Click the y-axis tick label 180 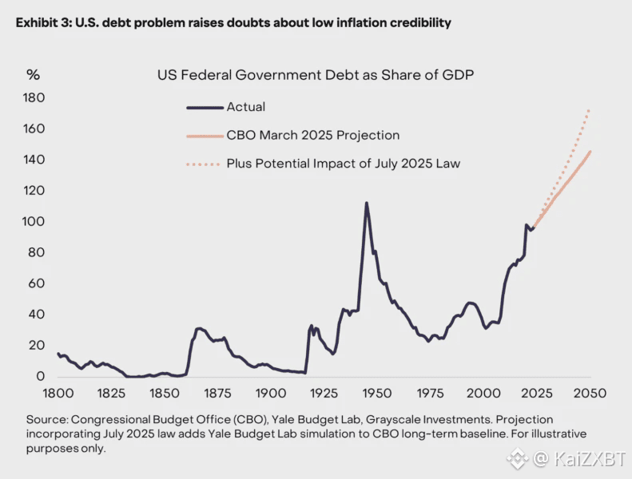pyautogui.click(x=35, y=98)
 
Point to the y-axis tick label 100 pyautogui.click(x=35, y=222)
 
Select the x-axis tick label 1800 pyautogui.click(x=58, y=394)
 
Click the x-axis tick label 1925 pyautogui.click(x=324, y=394)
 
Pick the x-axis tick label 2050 pyautogui.click(x=590, y=394)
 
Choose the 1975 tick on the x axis pyautogui.click(x=431, y=394)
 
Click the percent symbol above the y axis pyautogui.click(x=33, y=75)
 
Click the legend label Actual pyautogui.click(x=245, y=107)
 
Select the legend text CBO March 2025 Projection pyautogui.click(x=312, y=136)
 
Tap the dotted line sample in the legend pyautogui.click(x=203, y=164)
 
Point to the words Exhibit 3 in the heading pyautogui.click(x=41, y=23)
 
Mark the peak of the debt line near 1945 pyautogui.click(x=367, y=203)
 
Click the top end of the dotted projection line pyautogui.click(x=590, y=109)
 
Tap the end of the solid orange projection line pyautogui.click(x=590, y=151)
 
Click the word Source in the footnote pyautogui.click(x=45, y=419)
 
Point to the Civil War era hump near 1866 pyautogui.click(x=199, y=328)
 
